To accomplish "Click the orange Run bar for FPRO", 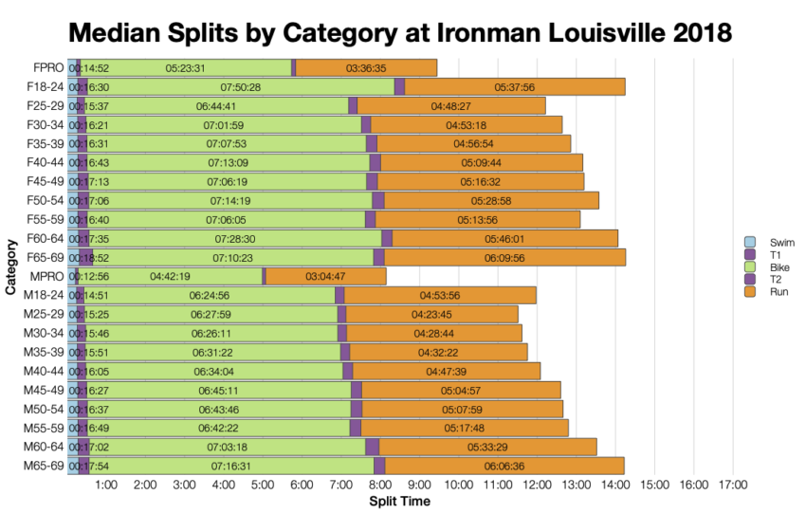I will click(x=366, y=67).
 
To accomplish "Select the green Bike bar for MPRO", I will click(x=171, y=276).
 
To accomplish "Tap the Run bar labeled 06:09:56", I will click(x=504, y=257).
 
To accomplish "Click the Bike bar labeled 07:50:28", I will click(x=240, y=86).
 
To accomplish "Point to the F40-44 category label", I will click(x=44, y=162).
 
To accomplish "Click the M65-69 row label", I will click(x=43, y=466).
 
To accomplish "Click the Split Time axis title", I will click(x=399, y=501).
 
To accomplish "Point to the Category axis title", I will click(x=10, y=267).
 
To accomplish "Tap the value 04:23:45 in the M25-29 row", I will click(x=431, y=314).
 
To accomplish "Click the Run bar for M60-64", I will click(x=487, y=447).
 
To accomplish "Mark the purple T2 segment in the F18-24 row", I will click(x=399, y=86).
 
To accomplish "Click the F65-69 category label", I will click(x=44, y=257).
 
